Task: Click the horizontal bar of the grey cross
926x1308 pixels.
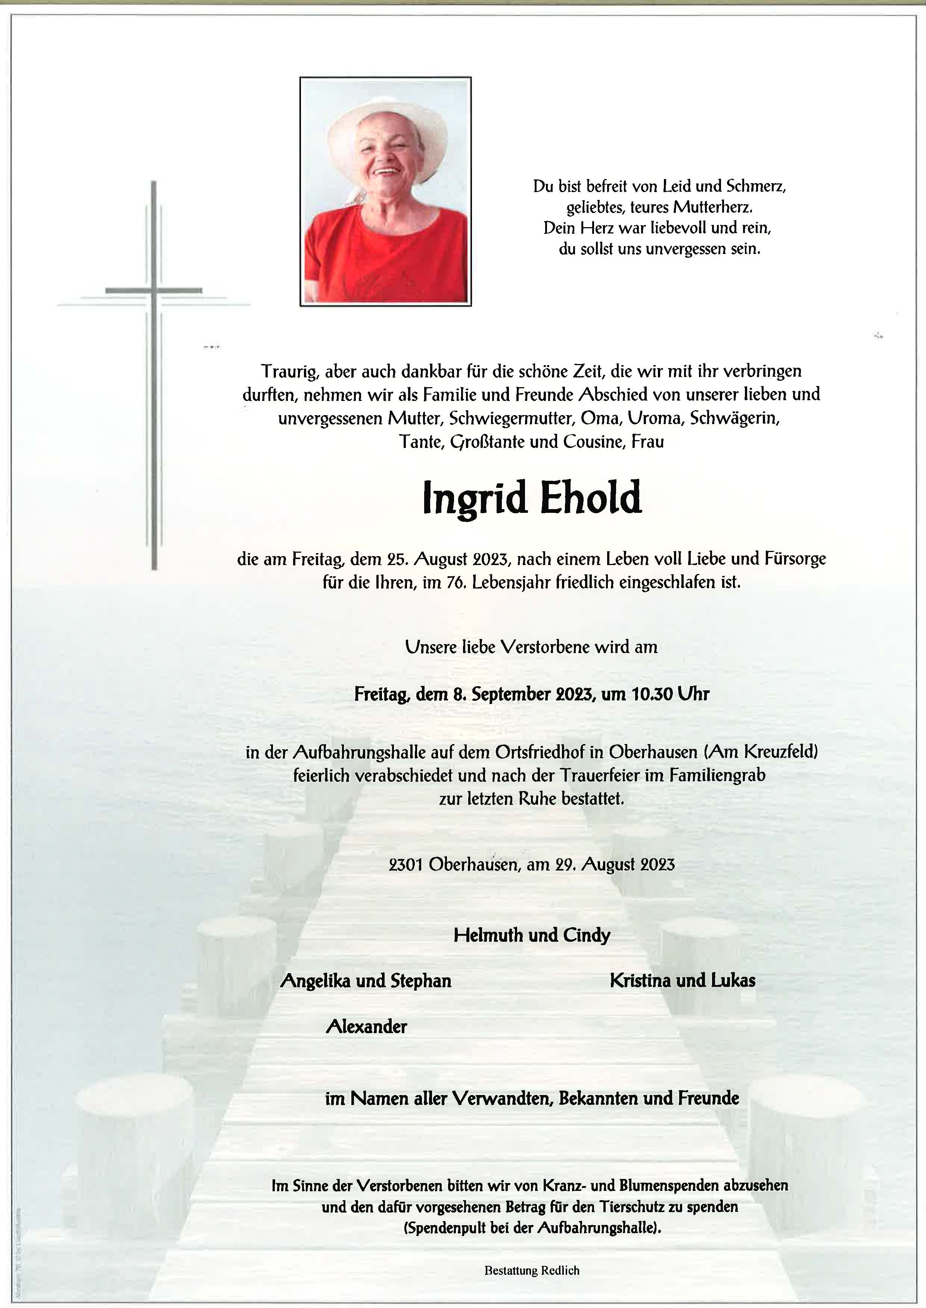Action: [153, 291]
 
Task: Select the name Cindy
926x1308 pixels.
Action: [587, 935]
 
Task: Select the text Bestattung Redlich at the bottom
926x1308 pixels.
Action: [531, 1270]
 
